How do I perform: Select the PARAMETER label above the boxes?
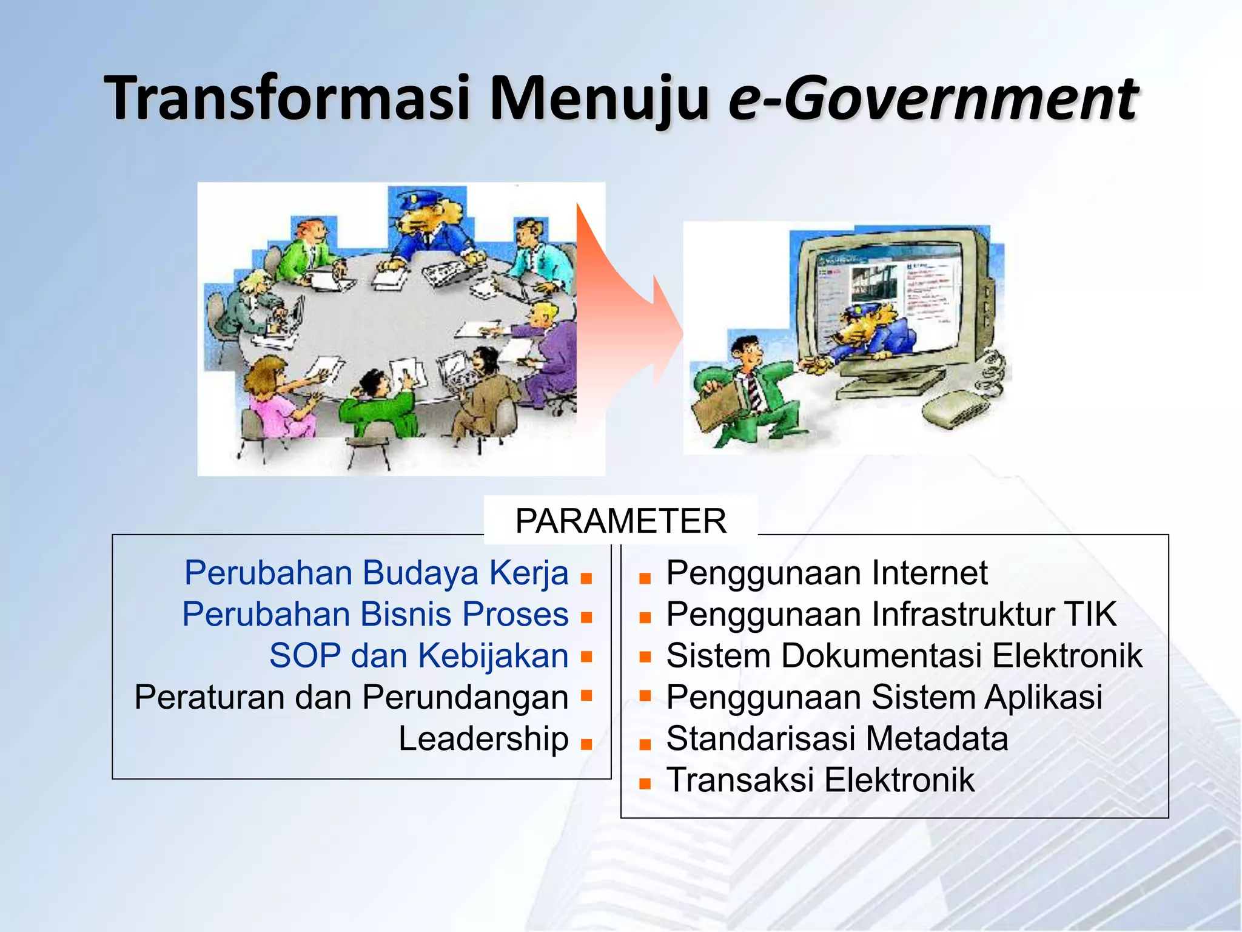[x=620, y=521]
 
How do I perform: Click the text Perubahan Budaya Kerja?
[x=376, y=573]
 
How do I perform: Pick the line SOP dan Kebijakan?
[x=418, y=656]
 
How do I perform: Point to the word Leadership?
[x=483, y=738]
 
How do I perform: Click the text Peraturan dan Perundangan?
[x=351, y=697]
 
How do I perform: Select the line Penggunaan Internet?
[x=827, y=573]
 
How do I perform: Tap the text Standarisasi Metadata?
[x=837, y=738]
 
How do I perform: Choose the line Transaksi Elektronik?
[x=820, y=780]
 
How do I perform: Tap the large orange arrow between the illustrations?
[x=625, y=316]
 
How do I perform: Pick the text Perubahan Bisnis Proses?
[x=375, y=614]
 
